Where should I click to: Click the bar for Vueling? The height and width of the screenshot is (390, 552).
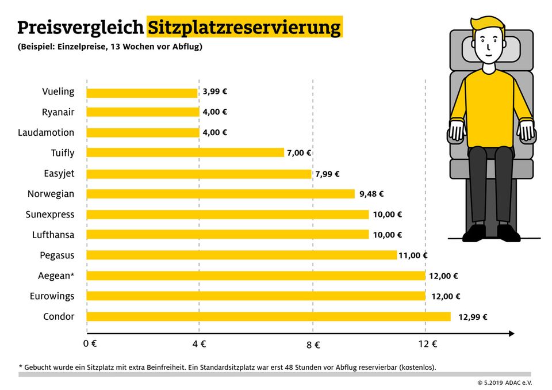(142, 92)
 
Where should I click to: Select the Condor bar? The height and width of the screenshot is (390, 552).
(269, 316)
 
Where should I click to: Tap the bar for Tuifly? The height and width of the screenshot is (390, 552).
(185, 153)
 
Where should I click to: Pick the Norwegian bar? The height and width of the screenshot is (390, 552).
(221, 194)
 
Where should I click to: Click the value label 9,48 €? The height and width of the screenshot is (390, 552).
(371, 194)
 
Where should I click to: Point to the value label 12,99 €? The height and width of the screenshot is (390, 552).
(473, 316)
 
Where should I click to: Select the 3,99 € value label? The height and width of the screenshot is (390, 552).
(215, 91)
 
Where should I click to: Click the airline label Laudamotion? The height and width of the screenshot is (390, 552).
(46, 132)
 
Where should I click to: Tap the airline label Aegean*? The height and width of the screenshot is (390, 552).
(52, 276)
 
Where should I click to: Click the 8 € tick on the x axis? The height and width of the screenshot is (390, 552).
(313, 345)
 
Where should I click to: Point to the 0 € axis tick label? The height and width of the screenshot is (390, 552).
(89, 344)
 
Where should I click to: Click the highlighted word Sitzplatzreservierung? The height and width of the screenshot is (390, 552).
(244, 27)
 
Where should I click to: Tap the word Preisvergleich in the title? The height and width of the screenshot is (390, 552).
(80, 28)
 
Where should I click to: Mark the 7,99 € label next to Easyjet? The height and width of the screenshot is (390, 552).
(327, 174)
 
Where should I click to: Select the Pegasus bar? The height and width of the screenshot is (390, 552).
(241, 255)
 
